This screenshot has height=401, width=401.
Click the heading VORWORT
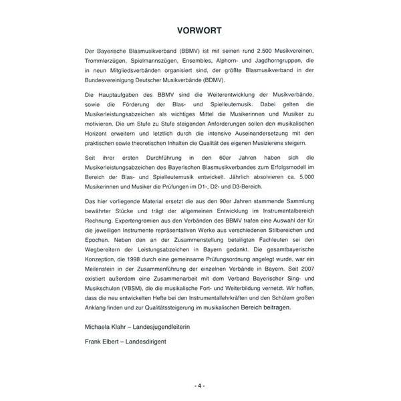(x=200, y=31)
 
